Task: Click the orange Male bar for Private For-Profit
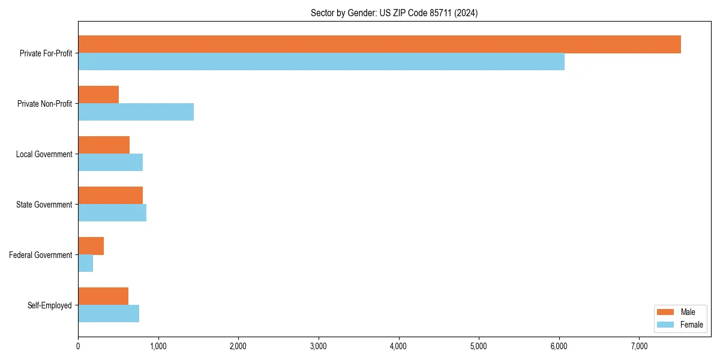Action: click(379, 44)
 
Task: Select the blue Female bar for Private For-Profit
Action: click(321, 61)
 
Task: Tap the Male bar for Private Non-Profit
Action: click(98, 95)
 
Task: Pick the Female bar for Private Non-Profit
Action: click(136, 112)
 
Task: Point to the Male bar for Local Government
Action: click(104, 145)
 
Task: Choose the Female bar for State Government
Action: click(112, 212)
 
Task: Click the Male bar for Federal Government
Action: click(91, 246)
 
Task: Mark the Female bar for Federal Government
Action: click(85, 263)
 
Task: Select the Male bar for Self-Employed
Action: click(103, 296)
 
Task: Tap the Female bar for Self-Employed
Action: click(109, 313)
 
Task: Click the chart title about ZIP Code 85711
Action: click(394, 13)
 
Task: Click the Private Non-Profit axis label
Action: click(44, 104)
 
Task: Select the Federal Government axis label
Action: click(41, 255)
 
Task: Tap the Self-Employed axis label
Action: click(50, 305)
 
